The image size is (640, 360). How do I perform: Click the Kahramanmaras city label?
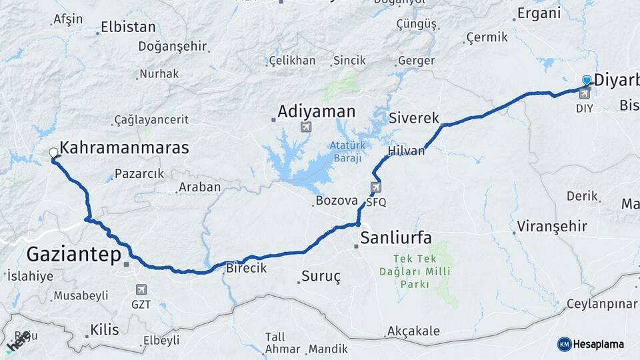point(124,148)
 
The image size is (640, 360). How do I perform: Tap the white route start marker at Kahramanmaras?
point(53,153)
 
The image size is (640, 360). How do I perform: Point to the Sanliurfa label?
point(396,237)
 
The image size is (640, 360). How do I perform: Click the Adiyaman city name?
point(317,111)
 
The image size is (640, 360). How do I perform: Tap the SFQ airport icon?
point(376,187)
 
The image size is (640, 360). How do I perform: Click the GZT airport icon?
point(141,289)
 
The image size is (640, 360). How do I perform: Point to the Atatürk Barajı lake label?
point(345,152)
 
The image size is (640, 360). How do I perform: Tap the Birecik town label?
point(247,268)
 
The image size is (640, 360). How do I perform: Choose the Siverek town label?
point(414,118)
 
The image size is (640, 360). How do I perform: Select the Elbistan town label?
point(128,27)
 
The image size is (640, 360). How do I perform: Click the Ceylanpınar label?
point(601,304)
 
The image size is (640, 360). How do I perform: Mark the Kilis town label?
point(104,330)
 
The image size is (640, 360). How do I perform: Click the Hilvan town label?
point(406,151)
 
